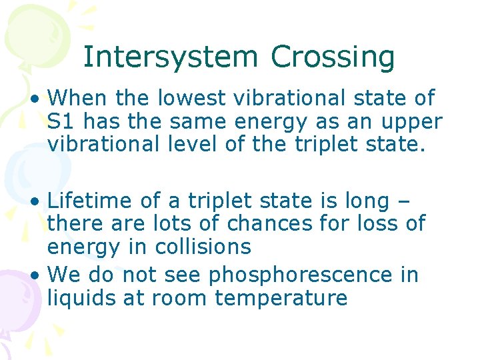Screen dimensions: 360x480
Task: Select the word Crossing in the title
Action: [x=333, y=57]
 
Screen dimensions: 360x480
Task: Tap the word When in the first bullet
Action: [x=78, y=99]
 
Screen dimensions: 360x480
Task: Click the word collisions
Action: [x=203, y=246]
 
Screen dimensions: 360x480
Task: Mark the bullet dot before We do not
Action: [x=37, y=275]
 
